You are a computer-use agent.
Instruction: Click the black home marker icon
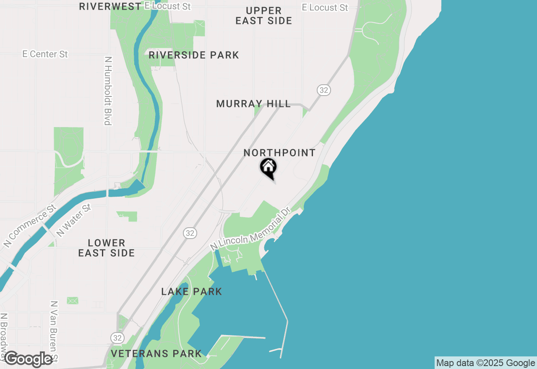(x=268, y=168)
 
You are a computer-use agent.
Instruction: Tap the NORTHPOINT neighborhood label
(x=279, y=153)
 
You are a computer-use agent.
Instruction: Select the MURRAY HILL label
(x=253, y=104)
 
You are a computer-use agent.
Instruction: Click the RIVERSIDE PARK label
(x=194, y=55)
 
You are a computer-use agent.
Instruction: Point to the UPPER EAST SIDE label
(x=263, y=16)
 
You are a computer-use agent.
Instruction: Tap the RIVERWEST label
(x=110, y=6)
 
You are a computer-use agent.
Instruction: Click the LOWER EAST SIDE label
(x=107, y=248)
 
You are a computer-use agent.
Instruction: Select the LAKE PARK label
(x=192, y=292)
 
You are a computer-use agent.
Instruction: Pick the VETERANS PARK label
(x=156, y=353)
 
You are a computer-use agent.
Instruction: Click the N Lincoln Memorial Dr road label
(x=250, y=229)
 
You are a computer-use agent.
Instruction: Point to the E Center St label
(x=45, y=54)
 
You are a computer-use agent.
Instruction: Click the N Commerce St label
(x=29, y=226)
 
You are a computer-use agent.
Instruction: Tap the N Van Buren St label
(x=54, y=331)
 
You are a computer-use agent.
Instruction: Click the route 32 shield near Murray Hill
(x=323, y=90)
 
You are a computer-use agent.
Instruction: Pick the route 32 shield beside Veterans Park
(x=117, y=338)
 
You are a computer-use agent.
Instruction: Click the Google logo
(x=29, y=359)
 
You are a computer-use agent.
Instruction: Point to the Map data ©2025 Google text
(x=485, y=363)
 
